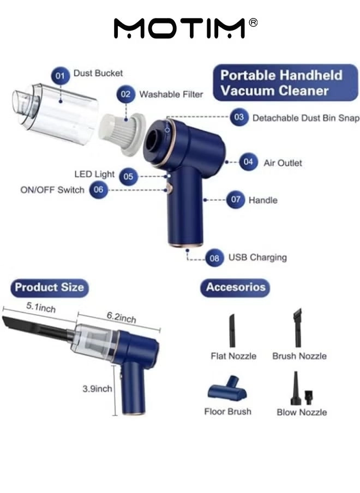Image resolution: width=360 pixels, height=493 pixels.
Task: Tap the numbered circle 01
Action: point(61,75)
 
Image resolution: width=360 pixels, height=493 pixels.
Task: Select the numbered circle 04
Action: point(249,163)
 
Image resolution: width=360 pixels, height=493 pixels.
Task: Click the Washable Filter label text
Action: point(171,94)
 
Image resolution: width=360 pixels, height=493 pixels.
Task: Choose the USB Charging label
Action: point(257,257)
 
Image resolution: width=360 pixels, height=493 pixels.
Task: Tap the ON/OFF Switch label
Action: point(52,190)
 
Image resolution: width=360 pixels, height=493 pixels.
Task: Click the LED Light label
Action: point(94,175)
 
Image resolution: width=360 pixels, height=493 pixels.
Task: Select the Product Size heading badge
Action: point(49,287)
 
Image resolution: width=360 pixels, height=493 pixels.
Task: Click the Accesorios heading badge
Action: point(235,287)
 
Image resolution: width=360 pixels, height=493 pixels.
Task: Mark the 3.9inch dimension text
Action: point(97,389)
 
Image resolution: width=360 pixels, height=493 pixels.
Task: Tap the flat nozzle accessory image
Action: point(232,329)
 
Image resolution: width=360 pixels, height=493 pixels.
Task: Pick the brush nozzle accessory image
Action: point(298,328)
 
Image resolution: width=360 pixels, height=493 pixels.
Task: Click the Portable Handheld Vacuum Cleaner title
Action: point(281,82)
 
